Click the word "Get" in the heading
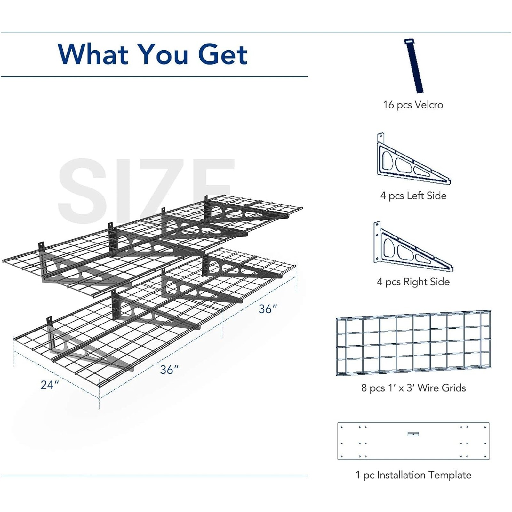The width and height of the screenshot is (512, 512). click(223, 54)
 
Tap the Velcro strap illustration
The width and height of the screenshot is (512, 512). click(414, 66)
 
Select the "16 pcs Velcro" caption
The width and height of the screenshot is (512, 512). click(413, 105)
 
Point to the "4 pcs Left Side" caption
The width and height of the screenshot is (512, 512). click(413, 196)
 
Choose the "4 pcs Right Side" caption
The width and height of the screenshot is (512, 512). click(413, 282)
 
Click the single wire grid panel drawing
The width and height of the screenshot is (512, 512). click(413, 342)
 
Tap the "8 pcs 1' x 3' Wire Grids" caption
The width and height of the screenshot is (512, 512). click(413, 388)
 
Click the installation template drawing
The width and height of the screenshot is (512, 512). click(413, 441)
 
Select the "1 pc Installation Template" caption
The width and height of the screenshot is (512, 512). click(413, 475)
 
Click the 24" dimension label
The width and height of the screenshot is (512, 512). click(50, 385)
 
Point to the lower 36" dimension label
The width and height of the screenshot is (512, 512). click(169, 370)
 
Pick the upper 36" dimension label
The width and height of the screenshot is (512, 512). click(268, 309)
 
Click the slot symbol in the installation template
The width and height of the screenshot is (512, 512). click(413, 434)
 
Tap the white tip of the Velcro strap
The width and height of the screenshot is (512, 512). click(409, 42)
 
